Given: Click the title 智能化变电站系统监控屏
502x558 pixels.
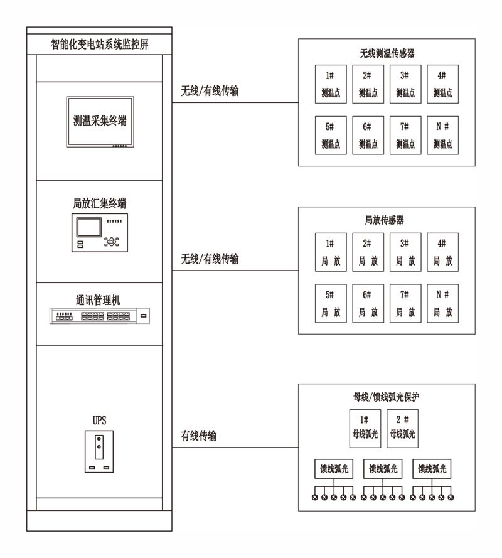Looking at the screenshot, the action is click(x=100, y=44).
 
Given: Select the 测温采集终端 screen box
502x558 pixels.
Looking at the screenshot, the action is click(x=100, y=122).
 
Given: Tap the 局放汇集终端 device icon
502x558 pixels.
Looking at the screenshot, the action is click(x=100, y=233).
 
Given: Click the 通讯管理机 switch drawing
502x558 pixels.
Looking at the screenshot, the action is click(x=100, y=316).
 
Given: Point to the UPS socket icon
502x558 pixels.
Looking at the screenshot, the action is click(x=99, y=451).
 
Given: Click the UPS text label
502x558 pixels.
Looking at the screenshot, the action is click(x=99, y=421).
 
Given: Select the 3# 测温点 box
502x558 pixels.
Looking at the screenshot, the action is click(x=405, y=84).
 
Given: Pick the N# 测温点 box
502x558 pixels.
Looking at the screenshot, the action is click(x=442, y=135).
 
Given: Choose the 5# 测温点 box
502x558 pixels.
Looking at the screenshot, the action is click(x=331, y=135).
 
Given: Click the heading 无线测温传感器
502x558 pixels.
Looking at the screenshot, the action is click(x=387, y=53).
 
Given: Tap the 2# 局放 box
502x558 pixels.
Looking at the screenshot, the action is click(x=368, y=252).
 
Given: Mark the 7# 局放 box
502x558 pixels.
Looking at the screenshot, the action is click(x=405, y=303).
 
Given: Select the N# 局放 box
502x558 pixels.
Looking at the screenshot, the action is click(x=442, y=303).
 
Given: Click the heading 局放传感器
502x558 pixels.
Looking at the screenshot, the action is click(x=384, y=220).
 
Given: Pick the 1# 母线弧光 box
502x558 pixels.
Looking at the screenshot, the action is click(x=365, y=429).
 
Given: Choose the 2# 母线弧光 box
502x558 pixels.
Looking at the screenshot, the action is click(x=402, y=429).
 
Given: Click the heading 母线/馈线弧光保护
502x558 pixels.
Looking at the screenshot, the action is click(x=387, y=397).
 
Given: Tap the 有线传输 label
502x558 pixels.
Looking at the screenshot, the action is click(x=198, y=436).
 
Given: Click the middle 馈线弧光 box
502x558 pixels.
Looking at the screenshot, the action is click(x=383, y=469).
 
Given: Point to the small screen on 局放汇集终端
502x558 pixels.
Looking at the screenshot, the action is click(x=88, y=227).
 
